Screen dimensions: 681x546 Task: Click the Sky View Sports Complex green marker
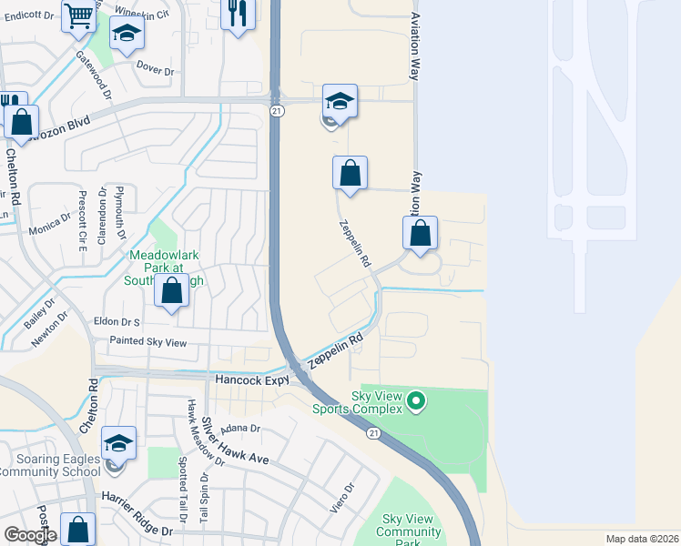[x=416, y=399]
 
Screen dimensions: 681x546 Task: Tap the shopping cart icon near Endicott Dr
[x=79, y=15]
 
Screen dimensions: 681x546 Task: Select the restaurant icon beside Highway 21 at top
[x=238, y=14]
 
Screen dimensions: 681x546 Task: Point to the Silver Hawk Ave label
[x=235, y=442]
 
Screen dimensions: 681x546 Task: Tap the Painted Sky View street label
[x=147, y=342]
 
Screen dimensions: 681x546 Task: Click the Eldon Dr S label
[x=117, y=322]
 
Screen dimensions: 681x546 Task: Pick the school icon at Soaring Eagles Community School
[x=118, y=443]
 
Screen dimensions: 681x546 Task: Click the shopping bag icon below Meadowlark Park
[x=170, y=291]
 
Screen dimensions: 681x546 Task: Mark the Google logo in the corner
[x=30, y=536]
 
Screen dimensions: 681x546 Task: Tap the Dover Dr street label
[x=155, y=66]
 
